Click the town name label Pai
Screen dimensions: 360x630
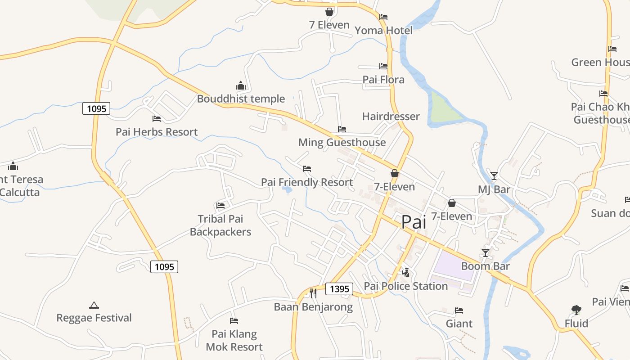click(x=414, y=222)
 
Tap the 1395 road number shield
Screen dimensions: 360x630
click(x=339, y=289)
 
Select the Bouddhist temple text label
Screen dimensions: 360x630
click(x=241, y=99)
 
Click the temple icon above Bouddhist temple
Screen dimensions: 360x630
click(x=241, y=85)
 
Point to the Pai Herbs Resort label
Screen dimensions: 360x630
click(x=157, y=132)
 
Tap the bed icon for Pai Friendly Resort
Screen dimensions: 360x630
click(x=307, y=169)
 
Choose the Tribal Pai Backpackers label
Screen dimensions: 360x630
click(x=220, y=225)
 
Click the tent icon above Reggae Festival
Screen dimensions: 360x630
click(x=94, y=305)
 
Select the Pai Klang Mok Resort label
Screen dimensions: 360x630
click(x=234, y=341)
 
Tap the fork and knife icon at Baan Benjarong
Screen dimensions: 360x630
click(x=313, y=293)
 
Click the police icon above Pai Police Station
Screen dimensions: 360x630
click(x=405, y=272)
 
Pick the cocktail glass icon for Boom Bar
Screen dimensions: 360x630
click(x=485, y=253)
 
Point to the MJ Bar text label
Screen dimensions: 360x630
click(x=494, y=189)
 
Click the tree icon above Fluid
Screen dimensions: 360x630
click(x=576, y=310)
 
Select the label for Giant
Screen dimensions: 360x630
click(x=459, y=324)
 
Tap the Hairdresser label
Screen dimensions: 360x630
click(x=391, y=117)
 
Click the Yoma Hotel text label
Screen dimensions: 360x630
click(x=383, y=30)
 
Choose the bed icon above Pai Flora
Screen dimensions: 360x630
click(x=383, y=66)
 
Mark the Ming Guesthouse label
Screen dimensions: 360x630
click(x=342, y=143)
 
